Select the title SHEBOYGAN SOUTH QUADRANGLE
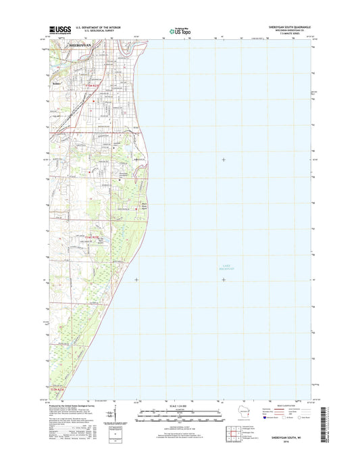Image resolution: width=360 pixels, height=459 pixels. pyautogui.click(x=277, y=27)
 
